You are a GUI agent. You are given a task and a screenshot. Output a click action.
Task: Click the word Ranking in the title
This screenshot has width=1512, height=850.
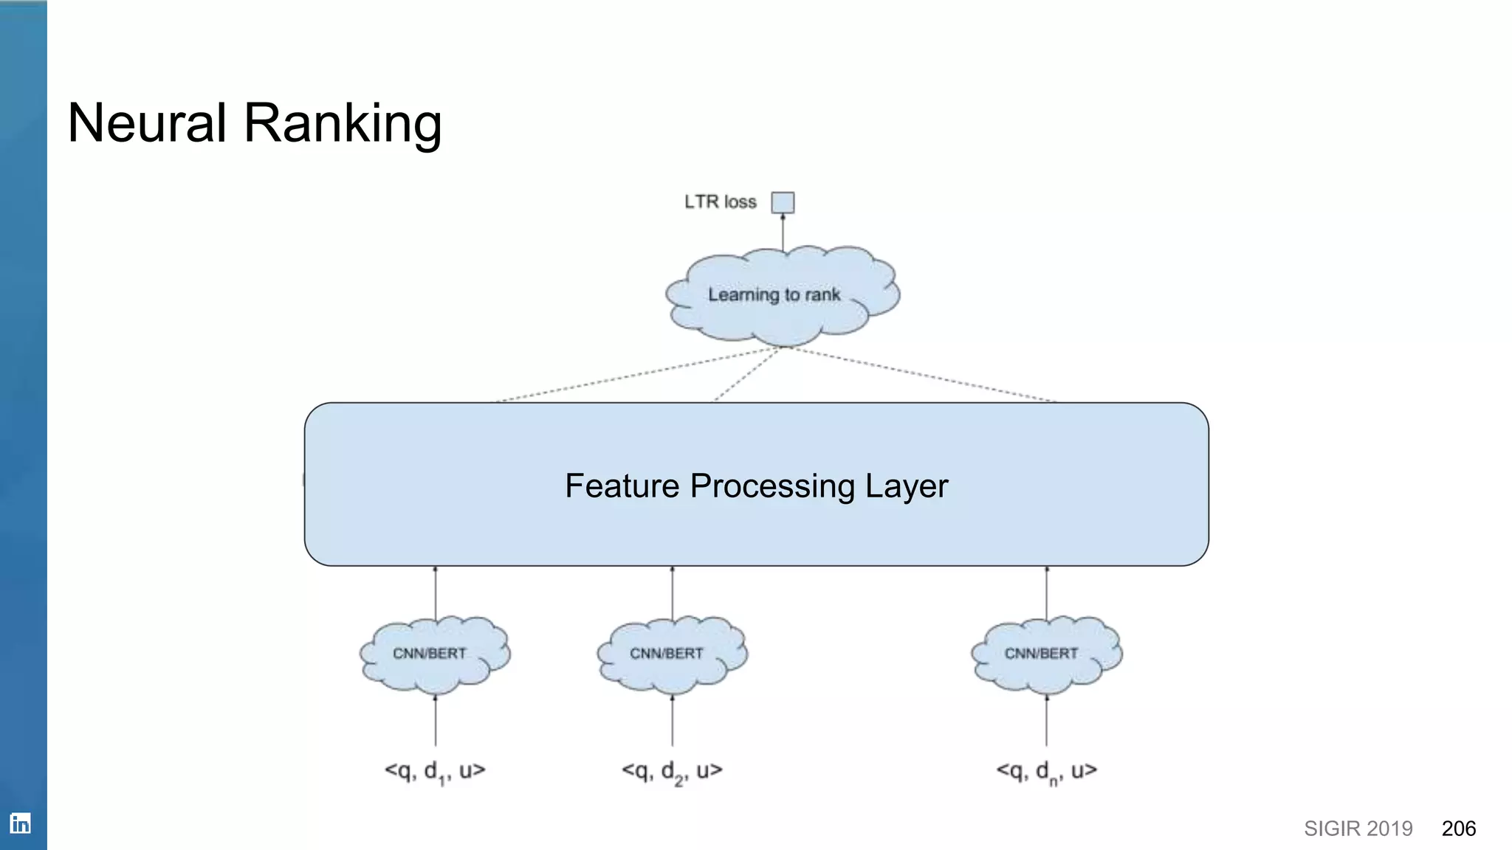[343, 124]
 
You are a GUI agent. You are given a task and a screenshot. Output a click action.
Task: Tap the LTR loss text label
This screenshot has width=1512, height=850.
[720, 202]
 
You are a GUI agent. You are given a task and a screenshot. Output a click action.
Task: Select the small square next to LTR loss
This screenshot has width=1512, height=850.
[783, 202]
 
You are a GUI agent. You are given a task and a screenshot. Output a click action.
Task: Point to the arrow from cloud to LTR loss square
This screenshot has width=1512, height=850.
[783, 232]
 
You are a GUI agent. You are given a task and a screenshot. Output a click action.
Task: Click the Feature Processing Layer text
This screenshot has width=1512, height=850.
[756, 486]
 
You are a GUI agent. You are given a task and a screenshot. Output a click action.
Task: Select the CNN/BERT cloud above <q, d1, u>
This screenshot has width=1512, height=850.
[434, 654]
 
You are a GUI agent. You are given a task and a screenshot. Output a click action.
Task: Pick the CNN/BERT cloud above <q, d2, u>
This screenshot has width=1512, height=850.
[671, 654]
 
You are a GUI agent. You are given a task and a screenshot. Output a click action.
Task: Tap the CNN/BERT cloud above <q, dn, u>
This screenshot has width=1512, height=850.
[1045, 654]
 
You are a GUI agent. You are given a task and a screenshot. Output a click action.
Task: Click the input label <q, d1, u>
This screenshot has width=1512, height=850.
[435, 771]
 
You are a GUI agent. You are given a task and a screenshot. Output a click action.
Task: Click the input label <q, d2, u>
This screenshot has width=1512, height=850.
[672, 771]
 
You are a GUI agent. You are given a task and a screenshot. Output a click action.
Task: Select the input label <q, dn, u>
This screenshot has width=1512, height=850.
[1046, 771]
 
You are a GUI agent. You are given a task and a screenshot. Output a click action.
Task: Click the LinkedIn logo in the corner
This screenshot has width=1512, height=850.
[21, 823]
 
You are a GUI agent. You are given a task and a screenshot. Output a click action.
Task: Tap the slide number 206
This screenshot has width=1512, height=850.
[1458, 829]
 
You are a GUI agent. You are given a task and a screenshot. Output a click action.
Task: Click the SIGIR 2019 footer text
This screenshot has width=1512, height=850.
[1358, 829]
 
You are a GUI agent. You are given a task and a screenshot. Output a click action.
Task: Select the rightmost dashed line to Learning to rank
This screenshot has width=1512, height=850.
[923, 374]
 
